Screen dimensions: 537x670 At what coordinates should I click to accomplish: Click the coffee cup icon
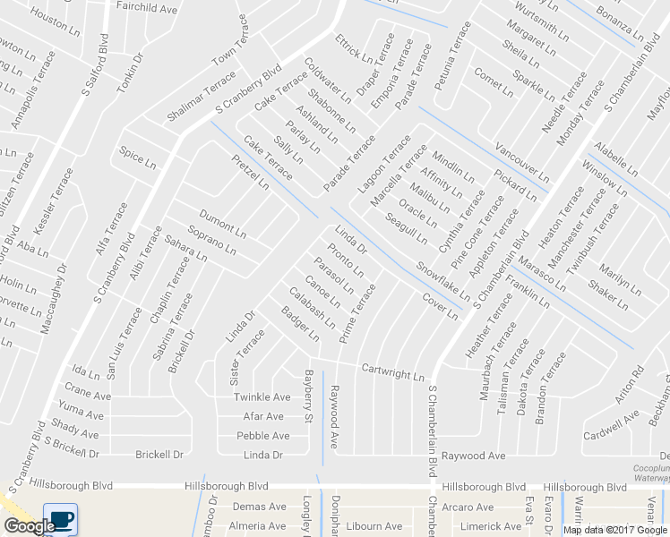tap(60, 519)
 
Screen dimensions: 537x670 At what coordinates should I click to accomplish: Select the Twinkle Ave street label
tap(262, 397)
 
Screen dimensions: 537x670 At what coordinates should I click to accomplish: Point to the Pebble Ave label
tap(262, 436)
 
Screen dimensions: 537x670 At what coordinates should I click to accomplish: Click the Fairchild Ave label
tap(147, 8)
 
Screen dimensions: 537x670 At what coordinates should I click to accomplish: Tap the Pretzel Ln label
tap(250, 172)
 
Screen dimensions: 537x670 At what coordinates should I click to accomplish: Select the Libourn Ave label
tap(374, 526)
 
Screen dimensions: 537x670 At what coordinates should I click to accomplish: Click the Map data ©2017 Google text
tap(614, 530)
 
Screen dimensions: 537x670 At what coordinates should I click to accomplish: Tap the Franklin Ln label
tap(528, 293)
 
